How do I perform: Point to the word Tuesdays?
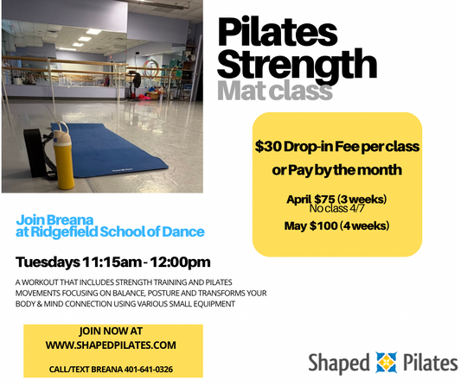point(48,262)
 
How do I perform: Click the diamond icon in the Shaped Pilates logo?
point(385,361)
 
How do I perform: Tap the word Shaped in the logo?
point(340,362)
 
